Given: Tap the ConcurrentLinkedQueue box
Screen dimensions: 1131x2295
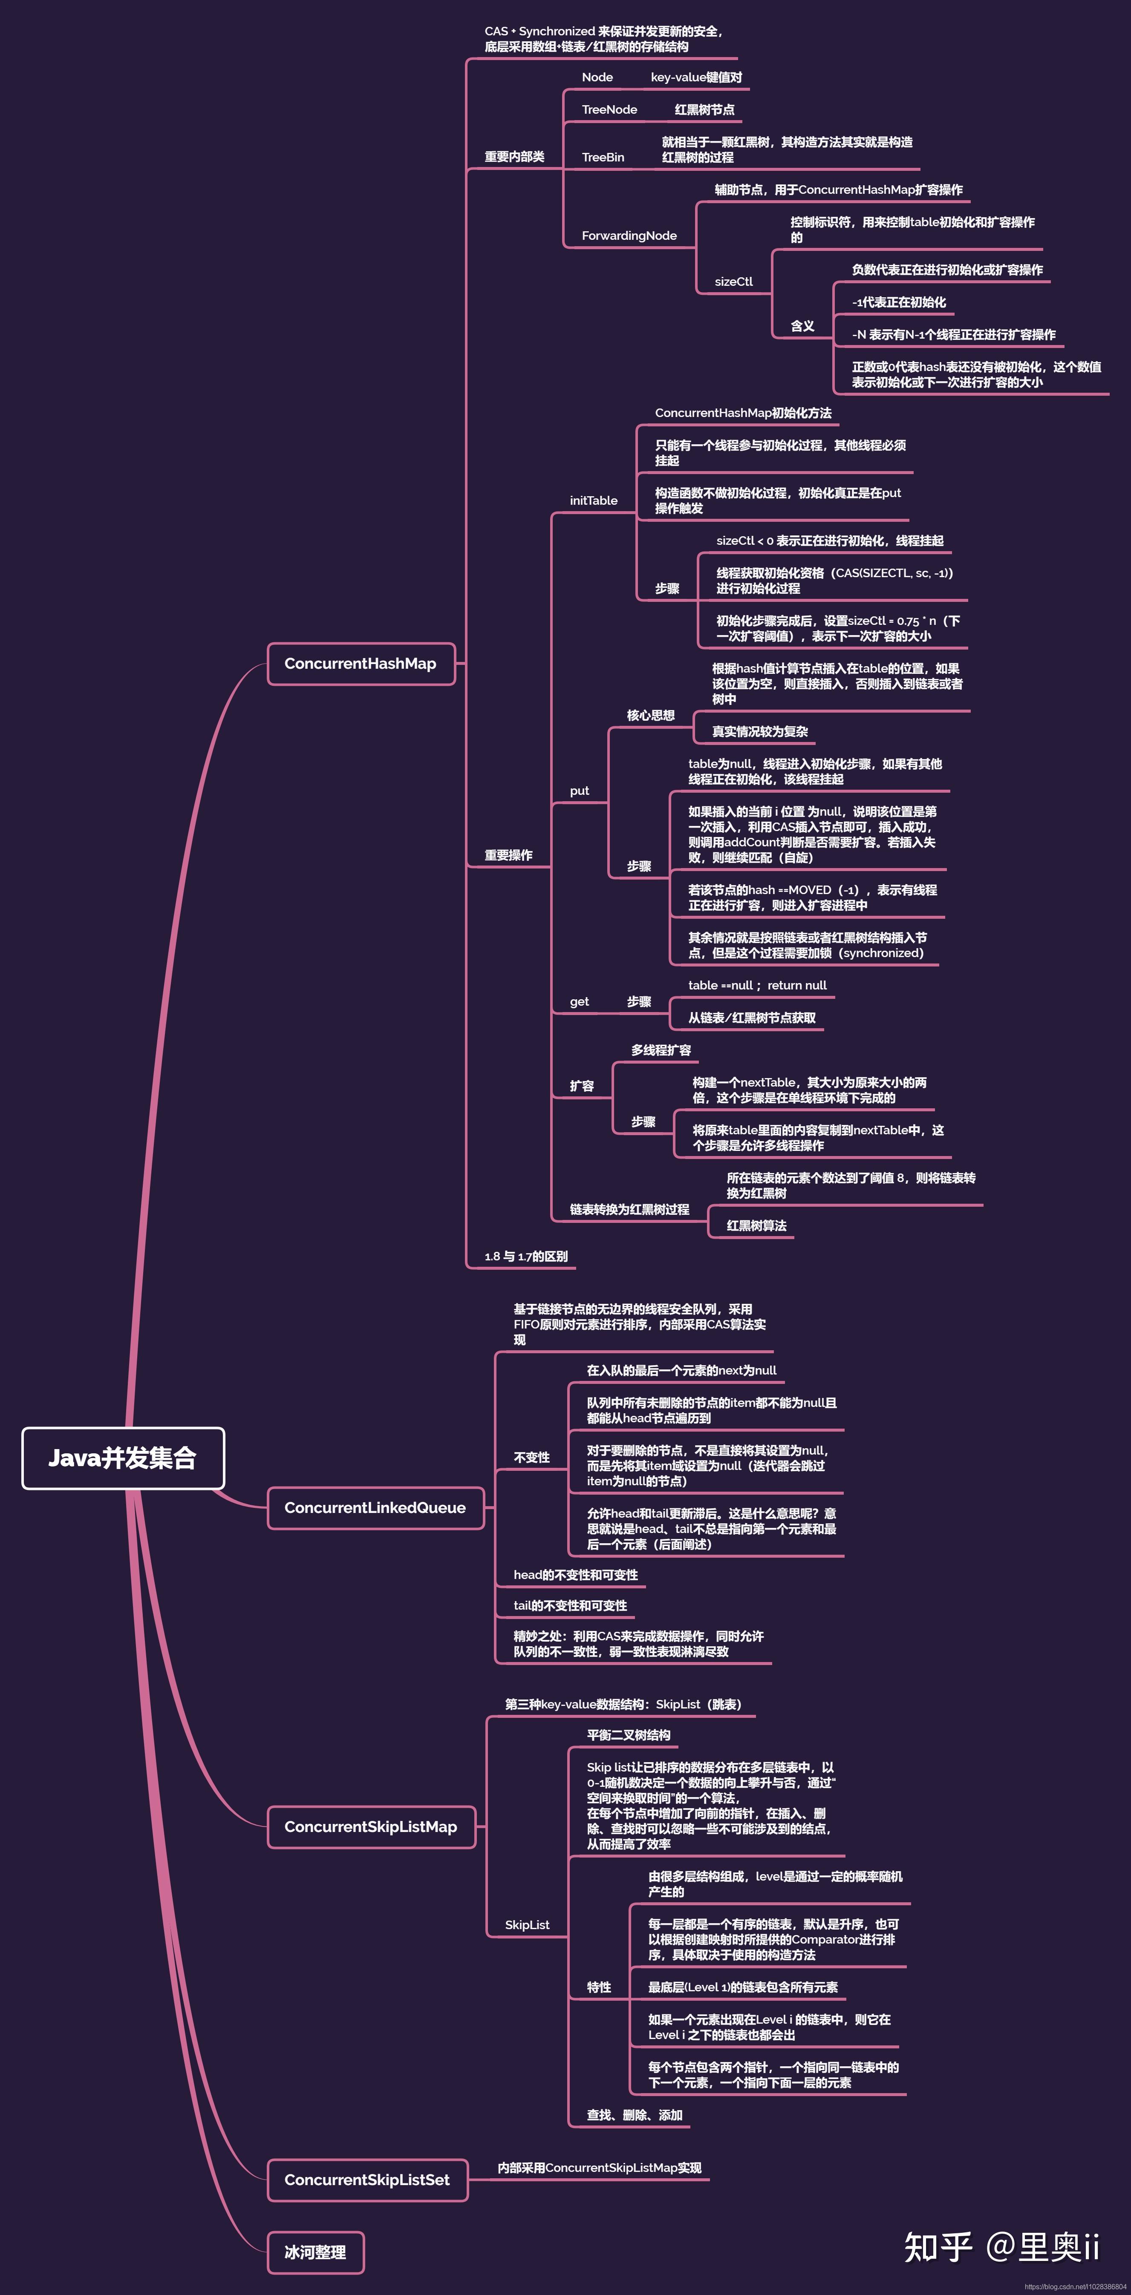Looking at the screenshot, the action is coord(375,1507).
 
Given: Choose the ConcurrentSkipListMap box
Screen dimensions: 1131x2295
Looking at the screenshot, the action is coord(371,1826).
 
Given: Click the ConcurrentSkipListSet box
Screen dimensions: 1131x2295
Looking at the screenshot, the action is coord(367,2179).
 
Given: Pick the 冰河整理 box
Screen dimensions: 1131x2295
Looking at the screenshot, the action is coord(315,2252).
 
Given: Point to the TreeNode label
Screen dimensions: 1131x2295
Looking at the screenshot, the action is coord(610,109).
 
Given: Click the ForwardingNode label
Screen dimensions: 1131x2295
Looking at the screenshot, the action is coord(629,235).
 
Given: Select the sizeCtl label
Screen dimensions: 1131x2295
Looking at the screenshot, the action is coord(733,282).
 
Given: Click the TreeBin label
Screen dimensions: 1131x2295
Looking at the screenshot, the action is coord(603,157).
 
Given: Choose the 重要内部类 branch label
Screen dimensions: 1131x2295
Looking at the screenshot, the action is coord(514,157).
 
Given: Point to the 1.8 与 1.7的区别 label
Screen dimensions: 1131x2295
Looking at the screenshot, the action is coord(526,1256).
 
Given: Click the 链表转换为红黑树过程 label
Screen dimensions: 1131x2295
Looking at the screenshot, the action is coord(629,1209).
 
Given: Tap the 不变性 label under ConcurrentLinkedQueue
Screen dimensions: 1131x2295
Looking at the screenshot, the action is coord(531,1458).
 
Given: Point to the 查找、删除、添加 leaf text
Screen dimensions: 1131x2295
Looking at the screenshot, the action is coord(635,2115).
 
